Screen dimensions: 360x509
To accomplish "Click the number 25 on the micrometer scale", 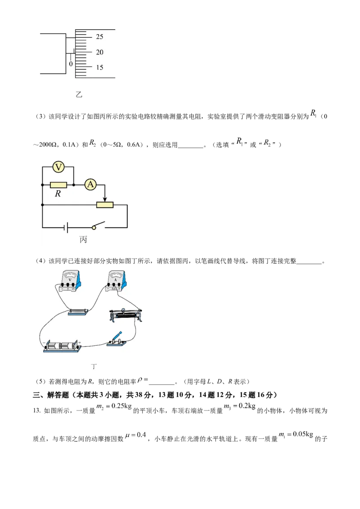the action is click(99, 37).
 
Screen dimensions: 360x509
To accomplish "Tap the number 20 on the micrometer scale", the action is click(99, 52).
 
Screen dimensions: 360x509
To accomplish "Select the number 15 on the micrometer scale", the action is click(99, 67).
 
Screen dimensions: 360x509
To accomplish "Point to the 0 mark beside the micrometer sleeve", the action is click(71, 64).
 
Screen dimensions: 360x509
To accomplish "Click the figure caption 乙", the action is click(79, 94).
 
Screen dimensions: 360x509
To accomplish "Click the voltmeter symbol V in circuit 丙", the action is click(58, 167).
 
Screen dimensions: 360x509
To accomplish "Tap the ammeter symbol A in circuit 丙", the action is click(90, 185).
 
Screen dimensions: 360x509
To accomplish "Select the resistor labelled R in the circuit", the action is click(58, 185).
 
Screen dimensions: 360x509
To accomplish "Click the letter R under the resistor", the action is click(58, 194).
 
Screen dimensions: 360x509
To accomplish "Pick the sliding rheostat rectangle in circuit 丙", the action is click(104, 205).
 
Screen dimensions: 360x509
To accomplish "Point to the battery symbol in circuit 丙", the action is click(66, 228).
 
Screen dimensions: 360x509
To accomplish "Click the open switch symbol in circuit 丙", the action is click(99, 225).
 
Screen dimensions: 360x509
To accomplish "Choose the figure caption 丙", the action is click(83, 240).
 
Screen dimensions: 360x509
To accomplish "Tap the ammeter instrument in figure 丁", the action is click(116, 281).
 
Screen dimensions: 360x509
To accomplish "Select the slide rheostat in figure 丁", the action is click(126, 315).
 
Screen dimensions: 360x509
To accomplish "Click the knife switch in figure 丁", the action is click(117, 339).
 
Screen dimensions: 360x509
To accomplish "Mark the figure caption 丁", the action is click(94, 366).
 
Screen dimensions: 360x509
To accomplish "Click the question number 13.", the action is click(36, 411).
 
